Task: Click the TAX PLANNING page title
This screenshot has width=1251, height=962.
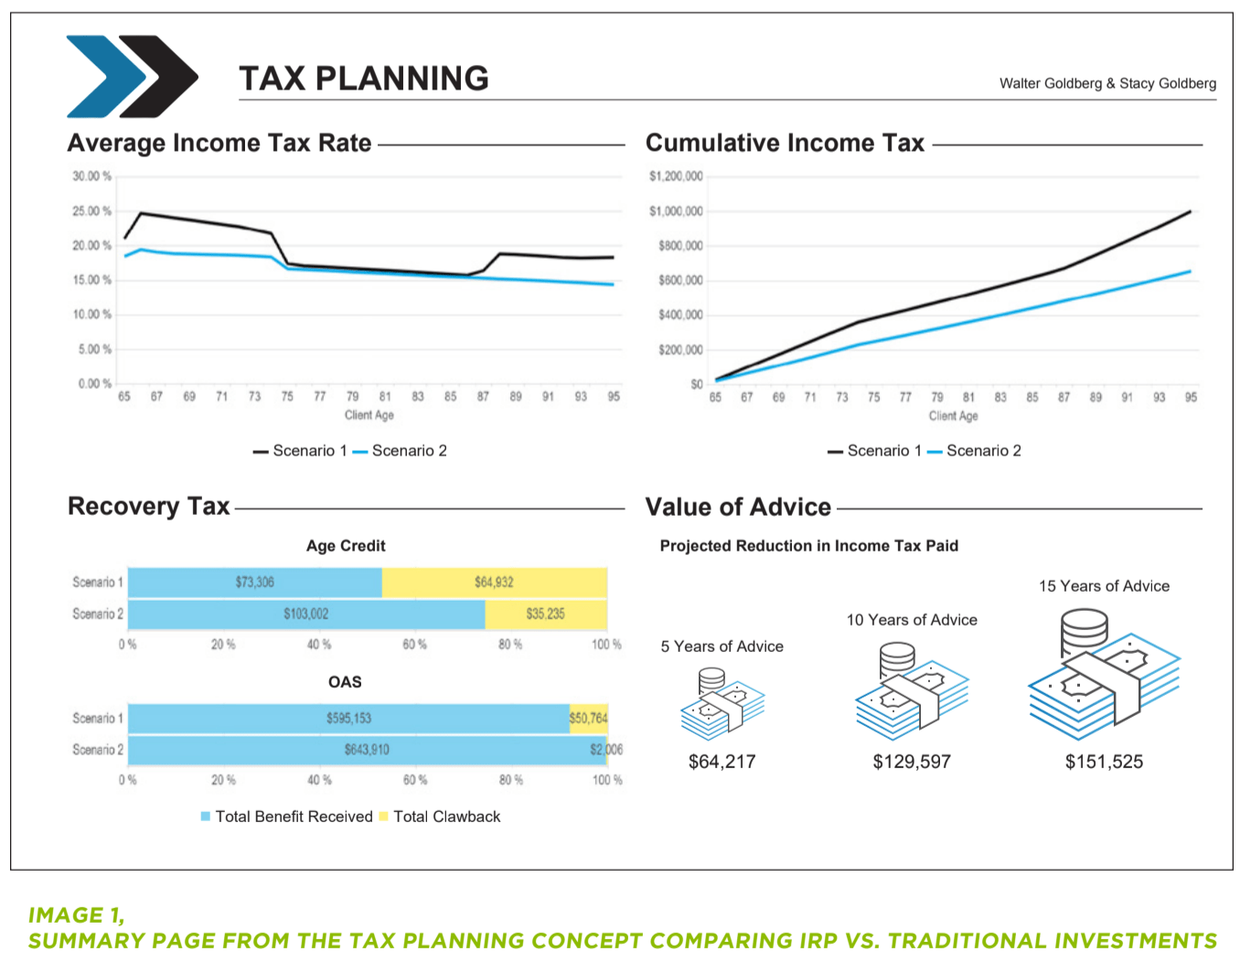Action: (363, 79)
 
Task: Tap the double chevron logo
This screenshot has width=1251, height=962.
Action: (132, 76)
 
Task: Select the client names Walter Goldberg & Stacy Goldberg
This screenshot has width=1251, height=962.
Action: (1107, 83)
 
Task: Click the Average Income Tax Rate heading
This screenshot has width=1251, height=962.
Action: (219, 144)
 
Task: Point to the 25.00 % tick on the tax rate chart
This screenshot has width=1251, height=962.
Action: (92, 211)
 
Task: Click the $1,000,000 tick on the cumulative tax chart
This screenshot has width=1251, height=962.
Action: (676, 211)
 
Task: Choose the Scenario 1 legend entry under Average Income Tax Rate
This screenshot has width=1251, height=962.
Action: (301, 451)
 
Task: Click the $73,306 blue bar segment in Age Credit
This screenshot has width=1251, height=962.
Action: (254, 583)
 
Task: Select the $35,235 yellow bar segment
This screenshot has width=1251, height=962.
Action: (545, 614)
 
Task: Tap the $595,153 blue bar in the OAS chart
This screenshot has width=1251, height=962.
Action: (348, 719)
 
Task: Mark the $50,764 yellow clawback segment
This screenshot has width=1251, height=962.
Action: (588, 719)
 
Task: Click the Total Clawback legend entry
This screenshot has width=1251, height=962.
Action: (440, 817)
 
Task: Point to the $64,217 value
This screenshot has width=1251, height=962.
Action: (722, 762)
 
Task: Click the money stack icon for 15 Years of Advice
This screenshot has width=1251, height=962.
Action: (1104, 673)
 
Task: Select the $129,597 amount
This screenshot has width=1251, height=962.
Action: (912, 762)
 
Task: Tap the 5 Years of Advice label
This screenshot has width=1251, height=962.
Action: (722, 647)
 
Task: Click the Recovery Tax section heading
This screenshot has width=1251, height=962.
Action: (149, 507)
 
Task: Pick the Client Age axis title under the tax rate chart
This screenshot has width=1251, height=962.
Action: (369, 415)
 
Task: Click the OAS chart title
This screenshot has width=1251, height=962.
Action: (345, 682)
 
